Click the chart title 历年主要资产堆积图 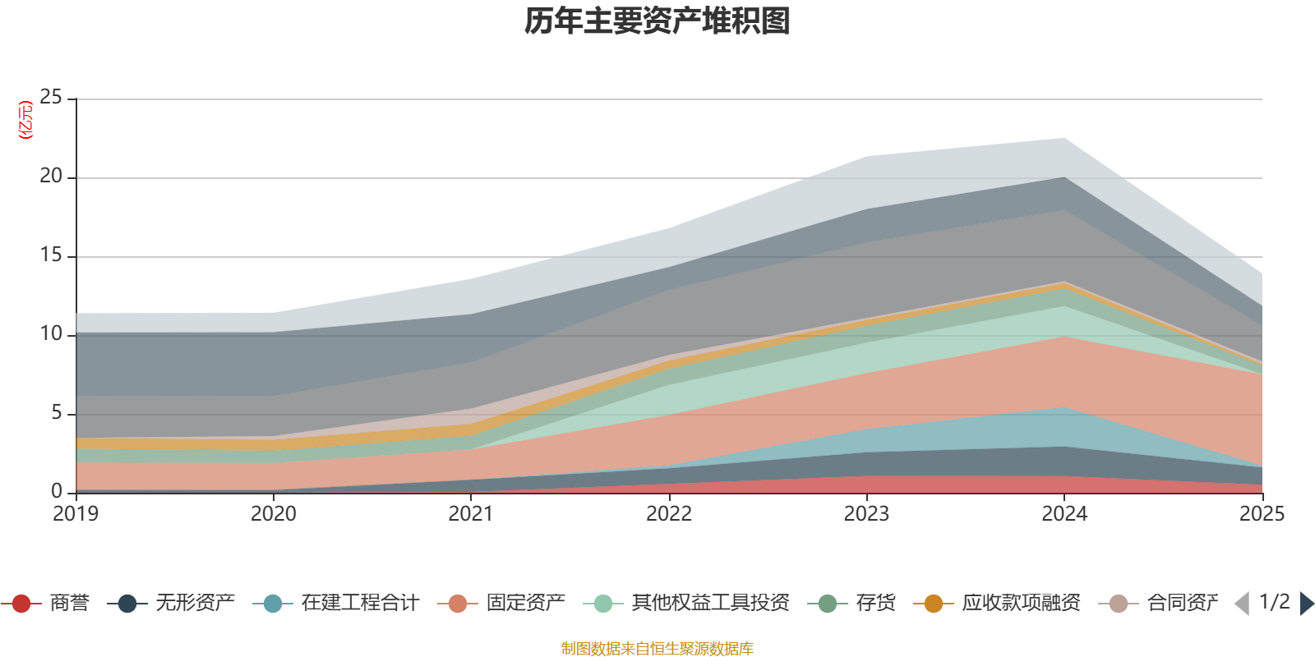click(657, 21)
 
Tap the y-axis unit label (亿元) click(25, 120)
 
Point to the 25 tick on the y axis click(51, 98)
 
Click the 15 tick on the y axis click(51, 255)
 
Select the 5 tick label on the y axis click(56, 412)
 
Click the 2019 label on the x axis click(76, 514)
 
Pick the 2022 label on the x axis click(669, 514)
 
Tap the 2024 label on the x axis click(1064, 514)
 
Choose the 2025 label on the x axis click(1262, 514)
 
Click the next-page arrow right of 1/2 click(1307, 604)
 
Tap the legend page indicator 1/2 click(1274, 602)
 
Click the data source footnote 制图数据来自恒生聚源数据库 click(657, 649)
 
